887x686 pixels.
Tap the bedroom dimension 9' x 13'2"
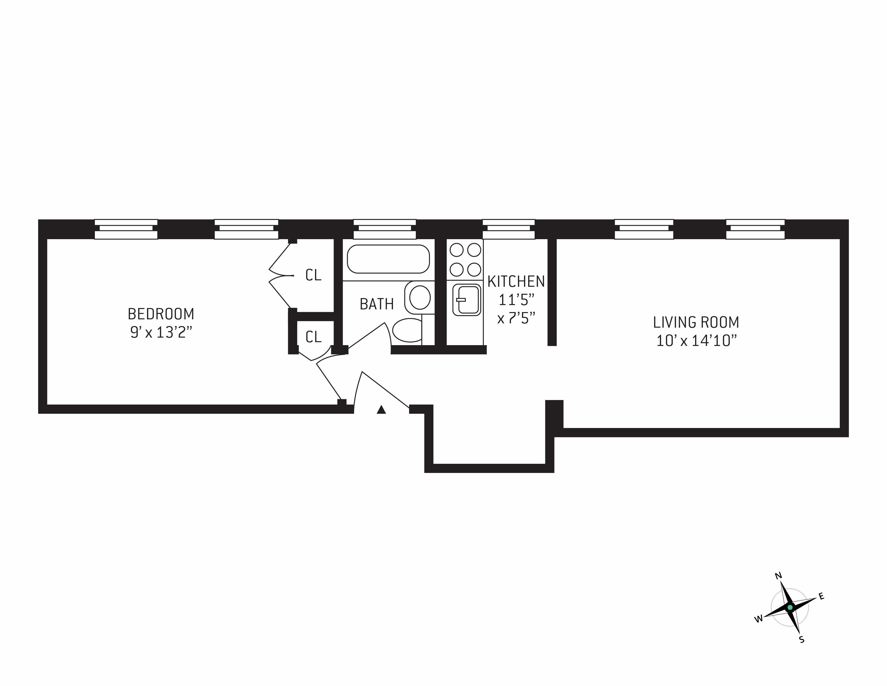(x=161, y=333)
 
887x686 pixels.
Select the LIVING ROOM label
(x=696, y=322)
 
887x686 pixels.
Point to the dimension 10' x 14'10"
(x=696, y=341)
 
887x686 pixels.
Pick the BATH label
(x=377, y=304)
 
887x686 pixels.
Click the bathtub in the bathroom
(x=388, y=259)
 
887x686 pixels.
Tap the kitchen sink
(x=467, y=300)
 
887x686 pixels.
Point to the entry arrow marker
(x=381, y=410)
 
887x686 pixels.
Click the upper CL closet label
(x=313, y=275)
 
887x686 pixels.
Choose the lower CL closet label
(x=313, y=337)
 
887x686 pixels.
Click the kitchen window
(x=509, y=229)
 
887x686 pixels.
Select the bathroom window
(x=385, y=229)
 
